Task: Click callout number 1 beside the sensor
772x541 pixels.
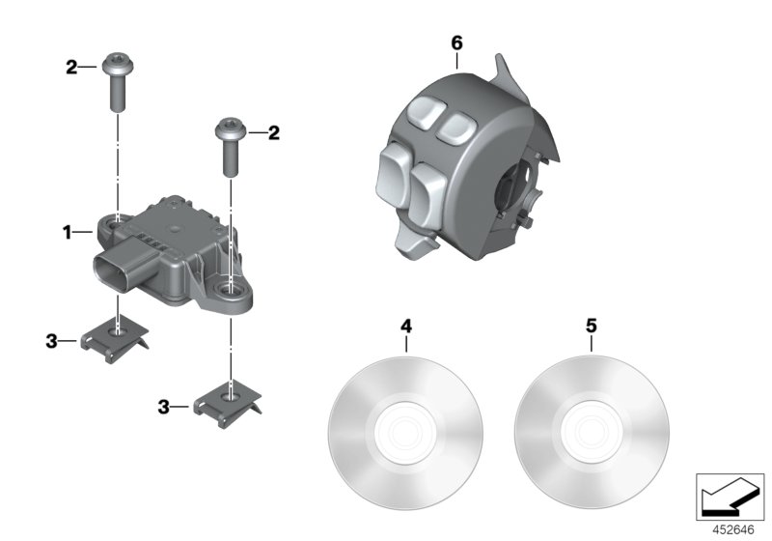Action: tap(67, 232)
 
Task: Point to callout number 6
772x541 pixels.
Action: tap(456, 43)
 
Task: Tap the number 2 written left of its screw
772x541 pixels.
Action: tap(70, 67)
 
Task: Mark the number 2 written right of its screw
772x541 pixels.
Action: tap(274, 132)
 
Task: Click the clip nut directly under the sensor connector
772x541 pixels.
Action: tap(115, 339)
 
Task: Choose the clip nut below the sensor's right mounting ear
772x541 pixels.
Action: tap(230, 399)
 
